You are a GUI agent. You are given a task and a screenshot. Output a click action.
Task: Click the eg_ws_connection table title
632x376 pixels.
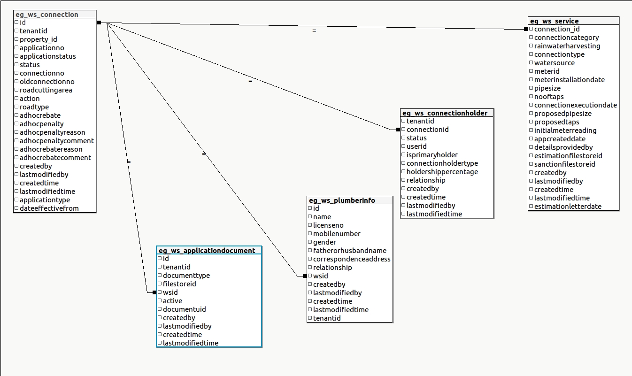[47, 15]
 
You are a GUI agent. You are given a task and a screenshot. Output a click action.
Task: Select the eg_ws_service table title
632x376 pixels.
[554, 21]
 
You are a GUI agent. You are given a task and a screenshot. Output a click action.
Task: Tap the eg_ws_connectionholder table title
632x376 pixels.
[445, 113]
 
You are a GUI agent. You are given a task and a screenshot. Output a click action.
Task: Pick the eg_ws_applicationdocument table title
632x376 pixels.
[207, 251]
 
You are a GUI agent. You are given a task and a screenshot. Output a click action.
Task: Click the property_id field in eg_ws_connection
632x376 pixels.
[38, 39]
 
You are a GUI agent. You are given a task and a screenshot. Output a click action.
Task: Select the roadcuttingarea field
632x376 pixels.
[46, 90]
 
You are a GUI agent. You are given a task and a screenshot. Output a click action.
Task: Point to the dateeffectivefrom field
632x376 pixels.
[49, 208]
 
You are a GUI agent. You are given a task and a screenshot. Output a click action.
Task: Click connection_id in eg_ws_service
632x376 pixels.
[557, 29]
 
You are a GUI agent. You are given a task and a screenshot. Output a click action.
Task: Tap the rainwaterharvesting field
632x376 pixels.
[567, 46]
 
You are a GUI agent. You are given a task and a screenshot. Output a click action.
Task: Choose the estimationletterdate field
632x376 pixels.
[568, 207]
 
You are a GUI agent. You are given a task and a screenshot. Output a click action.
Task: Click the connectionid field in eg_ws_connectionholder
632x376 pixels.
[427, 130]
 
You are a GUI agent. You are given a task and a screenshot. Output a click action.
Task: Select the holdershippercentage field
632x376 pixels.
[442, 172]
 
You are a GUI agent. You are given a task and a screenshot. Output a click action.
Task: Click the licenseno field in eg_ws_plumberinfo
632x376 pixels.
[328, 225]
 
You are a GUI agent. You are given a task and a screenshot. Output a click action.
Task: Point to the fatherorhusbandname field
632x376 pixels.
[350, 251]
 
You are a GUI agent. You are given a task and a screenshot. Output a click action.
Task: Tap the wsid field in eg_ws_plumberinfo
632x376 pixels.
[321, 276]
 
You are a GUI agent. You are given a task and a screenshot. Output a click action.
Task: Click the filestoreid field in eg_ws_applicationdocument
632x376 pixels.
[179, 284]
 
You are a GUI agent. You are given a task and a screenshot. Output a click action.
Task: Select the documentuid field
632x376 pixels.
[184, 309]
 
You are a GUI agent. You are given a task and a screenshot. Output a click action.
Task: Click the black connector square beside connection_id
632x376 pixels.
[526, 29]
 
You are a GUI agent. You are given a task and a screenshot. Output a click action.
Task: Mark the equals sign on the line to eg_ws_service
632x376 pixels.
[314, 31]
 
